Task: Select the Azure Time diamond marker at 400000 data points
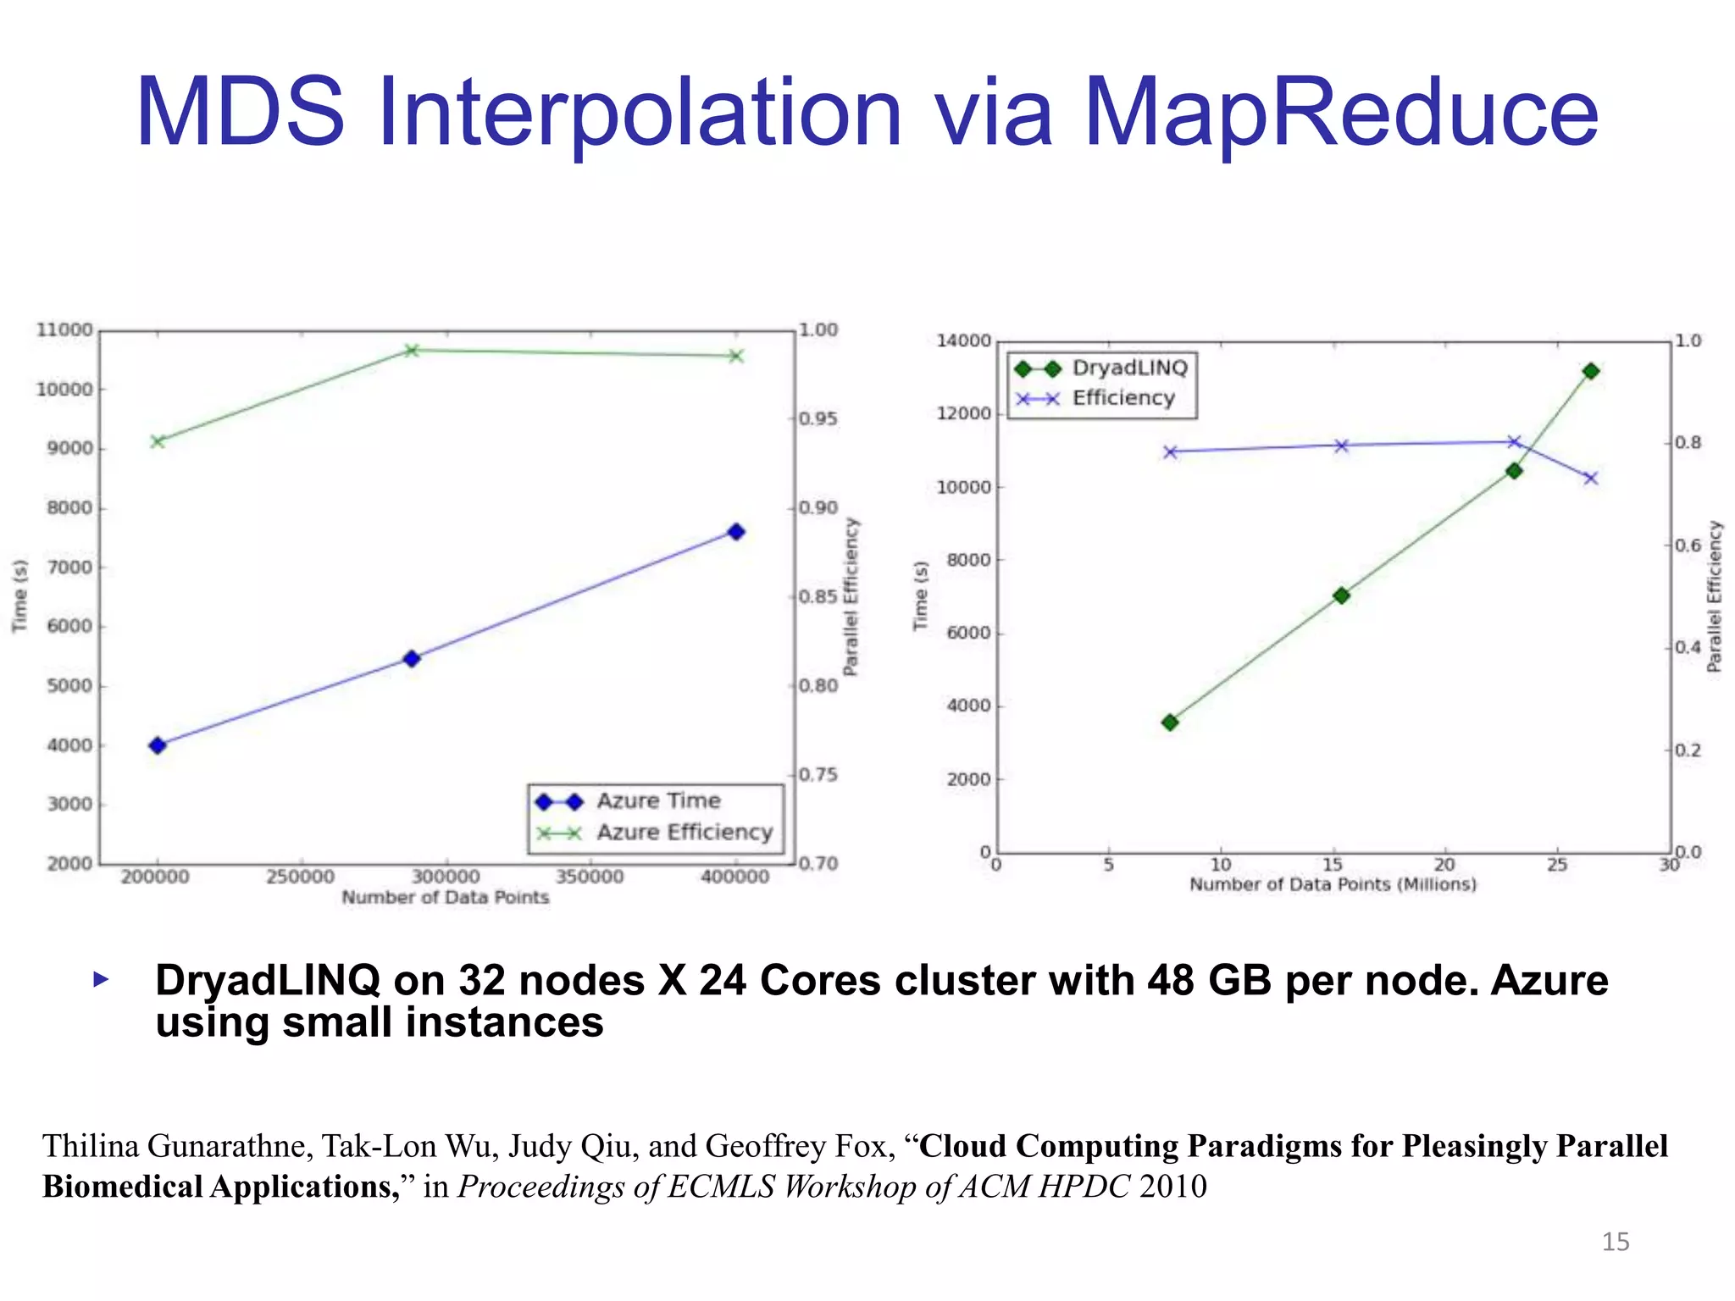(x=736, y=532)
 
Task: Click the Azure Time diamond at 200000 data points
(x=158, y=745)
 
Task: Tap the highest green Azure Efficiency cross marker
(x=412, y=351)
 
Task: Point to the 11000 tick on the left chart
(x=64, y=329)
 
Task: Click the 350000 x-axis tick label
(x=590, y=877)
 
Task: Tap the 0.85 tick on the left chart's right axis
(x=818, y=597)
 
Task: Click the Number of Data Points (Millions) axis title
(x=1333, y=884)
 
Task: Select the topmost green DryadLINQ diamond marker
(x=1591, y=371)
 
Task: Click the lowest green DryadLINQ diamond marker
(x=1170, y=722)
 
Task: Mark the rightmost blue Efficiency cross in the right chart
(x=1591, y=479)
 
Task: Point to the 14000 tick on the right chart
(x=963, y=341)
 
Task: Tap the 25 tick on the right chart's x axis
(x=1557, y=865)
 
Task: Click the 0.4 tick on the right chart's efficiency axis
(x=1688, y=648)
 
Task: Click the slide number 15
(x=1615, y=1242)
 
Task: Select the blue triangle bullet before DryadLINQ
(x=101, y=981)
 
